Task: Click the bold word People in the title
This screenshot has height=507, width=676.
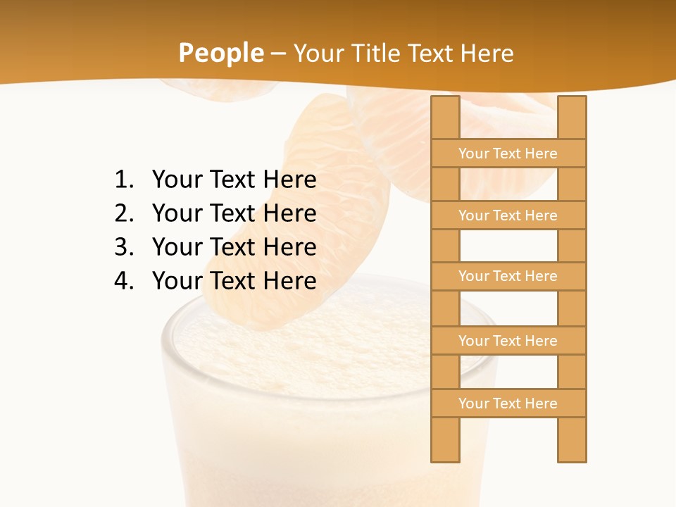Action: pyautogui.click(x=220, y=54)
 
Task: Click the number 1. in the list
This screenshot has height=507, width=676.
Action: pyautogui.click(x=124, y=180)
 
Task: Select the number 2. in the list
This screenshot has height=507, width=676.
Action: pyautogui.click(x=124, y=213)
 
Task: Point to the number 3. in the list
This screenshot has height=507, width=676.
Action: pyautogui.click(x=124, y=247)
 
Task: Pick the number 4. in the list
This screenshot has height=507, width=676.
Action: pyautogui.click(x=124, y=281)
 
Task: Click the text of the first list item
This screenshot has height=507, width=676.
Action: pyautogui.click(x=234, y=180)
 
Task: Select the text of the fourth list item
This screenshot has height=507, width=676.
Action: pyautogui.click(x=234, y=281)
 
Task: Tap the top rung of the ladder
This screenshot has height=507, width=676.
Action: pyautogui.click(x=508, y=154)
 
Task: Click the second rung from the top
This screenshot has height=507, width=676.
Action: pyautogui.click(x=508, y=215)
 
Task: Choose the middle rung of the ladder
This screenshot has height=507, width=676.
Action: pyautogui.click(x=508, y=276)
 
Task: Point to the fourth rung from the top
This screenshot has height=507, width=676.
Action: pyautogui.click(x=508, y=341)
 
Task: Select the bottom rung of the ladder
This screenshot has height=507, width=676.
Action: pyautogui.click(x=508, y=403)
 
